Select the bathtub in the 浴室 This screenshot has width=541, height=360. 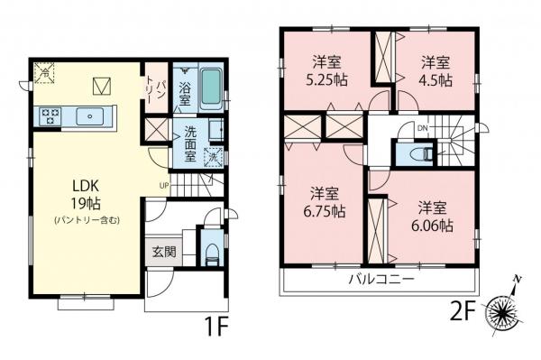209,88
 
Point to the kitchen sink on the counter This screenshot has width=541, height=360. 91,115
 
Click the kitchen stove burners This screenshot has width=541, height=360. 49,115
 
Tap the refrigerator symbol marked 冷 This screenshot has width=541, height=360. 42,73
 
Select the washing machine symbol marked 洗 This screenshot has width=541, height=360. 213,158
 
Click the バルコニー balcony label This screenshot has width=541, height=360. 381,280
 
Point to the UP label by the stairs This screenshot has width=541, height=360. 163,187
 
